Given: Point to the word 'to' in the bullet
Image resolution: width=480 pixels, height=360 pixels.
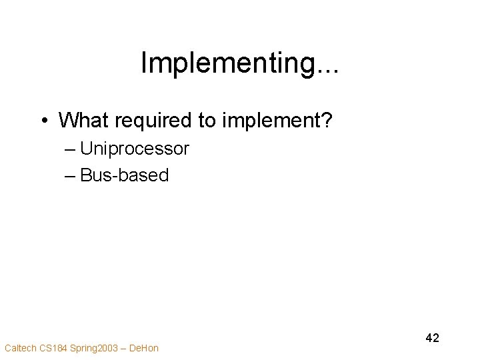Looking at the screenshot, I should point(204,120).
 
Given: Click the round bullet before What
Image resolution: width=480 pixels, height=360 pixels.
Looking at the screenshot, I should point(43,121).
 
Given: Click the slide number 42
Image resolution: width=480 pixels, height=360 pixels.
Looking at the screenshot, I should point(432,338).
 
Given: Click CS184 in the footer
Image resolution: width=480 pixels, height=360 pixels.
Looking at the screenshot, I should point(53,347).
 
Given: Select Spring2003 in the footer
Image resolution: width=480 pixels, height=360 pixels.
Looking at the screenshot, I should point(95,347).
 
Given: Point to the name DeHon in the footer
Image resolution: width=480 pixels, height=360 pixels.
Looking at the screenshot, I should point(145,347).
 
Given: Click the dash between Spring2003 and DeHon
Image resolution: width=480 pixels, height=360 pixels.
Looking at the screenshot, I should point(125,347).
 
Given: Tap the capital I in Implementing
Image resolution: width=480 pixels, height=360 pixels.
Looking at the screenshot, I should point(145,64).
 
